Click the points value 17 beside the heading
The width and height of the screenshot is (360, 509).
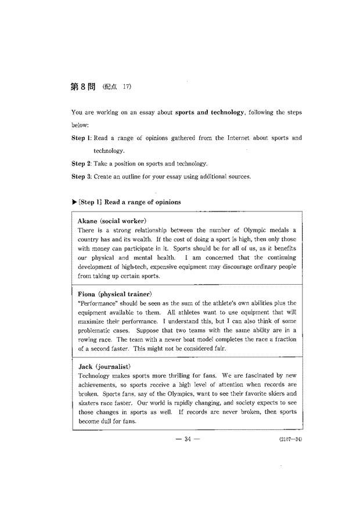(x=127, y=88)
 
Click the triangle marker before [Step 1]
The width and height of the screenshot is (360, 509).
(x=74, y=202)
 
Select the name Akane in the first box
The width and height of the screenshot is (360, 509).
(x=89, y=221)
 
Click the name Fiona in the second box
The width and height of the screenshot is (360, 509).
(x=88, y=294)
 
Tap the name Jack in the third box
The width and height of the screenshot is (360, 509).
(x=87, y=367)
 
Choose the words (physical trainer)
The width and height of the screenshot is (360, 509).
(x=127, y=294)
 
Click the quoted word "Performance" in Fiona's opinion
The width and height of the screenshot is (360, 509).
(x=96, y=303)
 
